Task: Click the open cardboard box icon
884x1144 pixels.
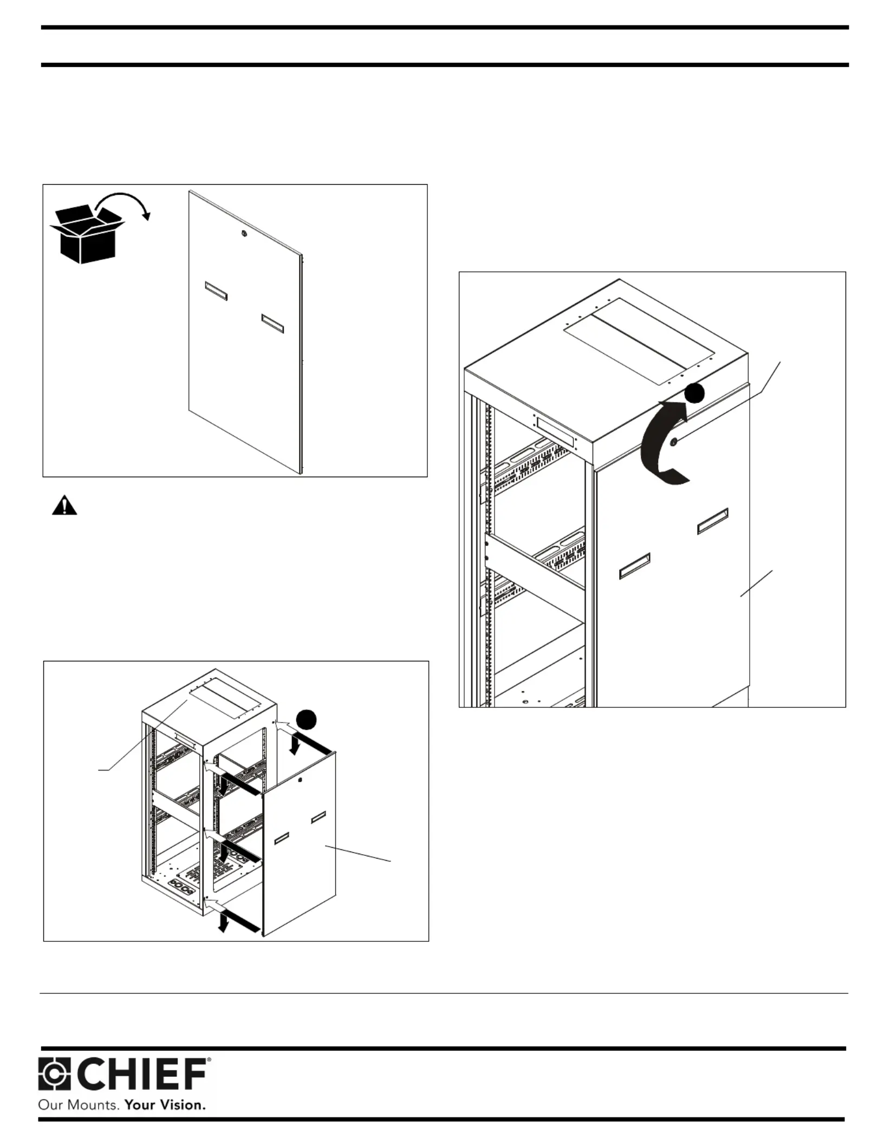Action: (87, 235)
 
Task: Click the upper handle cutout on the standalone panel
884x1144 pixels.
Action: (216, 290)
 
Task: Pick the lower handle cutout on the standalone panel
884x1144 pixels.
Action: (273, 323)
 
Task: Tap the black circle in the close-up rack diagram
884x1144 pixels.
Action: (694, 393)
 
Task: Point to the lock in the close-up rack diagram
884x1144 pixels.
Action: (674, 443)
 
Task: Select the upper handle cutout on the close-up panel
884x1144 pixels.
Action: (712, 521)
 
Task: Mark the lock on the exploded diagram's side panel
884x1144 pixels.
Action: (300, 780)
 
